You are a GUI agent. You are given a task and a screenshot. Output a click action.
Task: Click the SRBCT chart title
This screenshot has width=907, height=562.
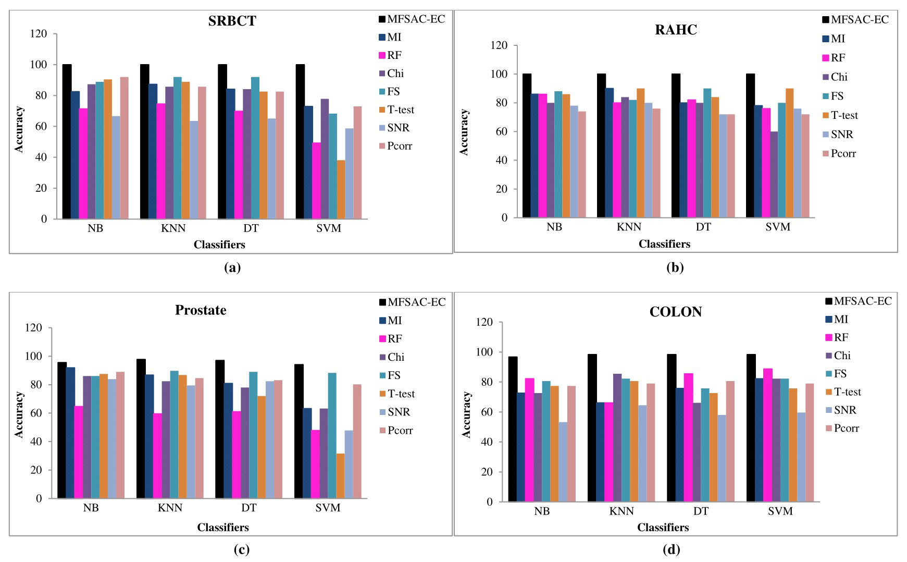[232, 21]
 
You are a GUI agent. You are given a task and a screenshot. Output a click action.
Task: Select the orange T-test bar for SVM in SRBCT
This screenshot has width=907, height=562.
[341, 190]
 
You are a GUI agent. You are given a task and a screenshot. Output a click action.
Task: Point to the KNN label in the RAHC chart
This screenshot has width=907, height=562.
[629, 227]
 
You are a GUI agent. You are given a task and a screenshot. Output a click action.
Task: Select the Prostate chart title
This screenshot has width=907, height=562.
[201, 310]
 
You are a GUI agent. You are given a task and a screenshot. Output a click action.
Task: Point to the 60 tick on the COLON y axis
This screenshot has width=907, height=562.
[487, 412]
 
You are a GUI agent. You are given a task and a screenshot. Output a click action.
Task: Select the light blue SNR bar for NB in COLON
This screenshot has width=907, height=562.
[563, 462]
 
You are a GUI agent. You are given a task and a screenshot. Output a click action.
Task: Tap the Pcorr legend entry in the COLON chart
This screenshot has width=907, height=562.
[846, 428]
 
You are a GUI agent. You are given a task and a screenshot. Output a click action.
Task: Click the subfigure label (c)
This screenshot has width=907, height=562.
[241, 549]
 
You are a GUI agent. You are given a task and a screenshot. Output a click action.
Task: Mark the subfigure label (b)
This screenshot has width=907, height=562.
[675, 267]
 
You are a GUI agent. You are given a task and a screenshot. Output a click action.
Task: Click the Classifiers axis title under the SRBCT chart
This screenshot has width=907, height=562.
[219, 245]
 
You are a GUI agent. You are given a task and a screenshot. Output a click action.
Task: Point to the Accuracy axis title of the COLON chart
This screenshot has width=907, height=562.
[466, 414]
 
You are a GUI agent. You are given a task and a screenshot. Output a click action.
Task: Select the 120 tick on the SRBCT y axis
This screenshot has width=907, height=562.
[39, 34]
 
